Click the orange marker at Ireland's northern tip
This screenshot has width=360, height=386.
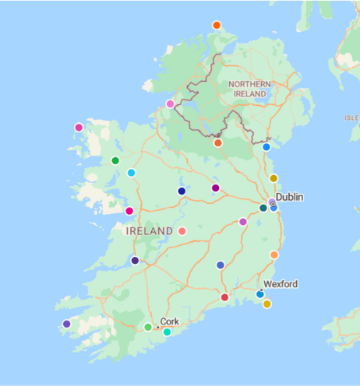[217, 25]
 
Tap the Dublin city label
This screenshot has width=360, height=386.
[289, 197]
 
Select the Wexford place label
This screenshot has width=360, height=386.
[281, 284]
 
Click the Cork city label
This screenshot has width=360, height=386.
[170, 321]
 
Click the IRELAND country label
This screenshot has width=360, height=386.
[150, 231]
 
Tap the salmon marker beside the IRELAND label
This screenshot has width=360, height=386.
[182, 231]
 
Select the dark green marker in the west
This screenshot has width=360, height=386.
[115, 161]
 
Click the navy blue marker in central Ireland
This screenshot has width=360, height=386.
[182, 191]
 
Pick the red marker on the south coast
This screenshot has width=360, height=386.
[224, 297]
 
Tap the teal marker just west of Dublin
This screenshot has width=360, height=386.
[263, 207]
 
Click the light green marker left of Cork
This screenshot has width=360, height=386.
[148, 327]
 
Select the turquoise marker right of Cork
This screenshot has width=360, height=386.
[167, 332]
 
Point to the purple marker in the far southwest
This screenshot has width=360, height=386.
[66, 324]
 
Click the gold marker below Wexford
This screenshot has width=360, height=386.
[266, 304]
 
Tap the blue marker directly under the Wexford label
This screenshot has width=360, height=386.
[260, 294]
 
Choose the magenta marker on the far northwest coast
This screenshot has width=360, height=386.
[79, 128]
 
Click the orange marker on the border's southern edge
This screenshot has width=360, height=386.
[218, 142]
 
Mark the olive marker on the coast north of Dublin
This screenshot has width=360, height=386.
[274, 178]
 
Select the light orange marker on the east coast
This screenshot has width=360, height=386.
[274, 255]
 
